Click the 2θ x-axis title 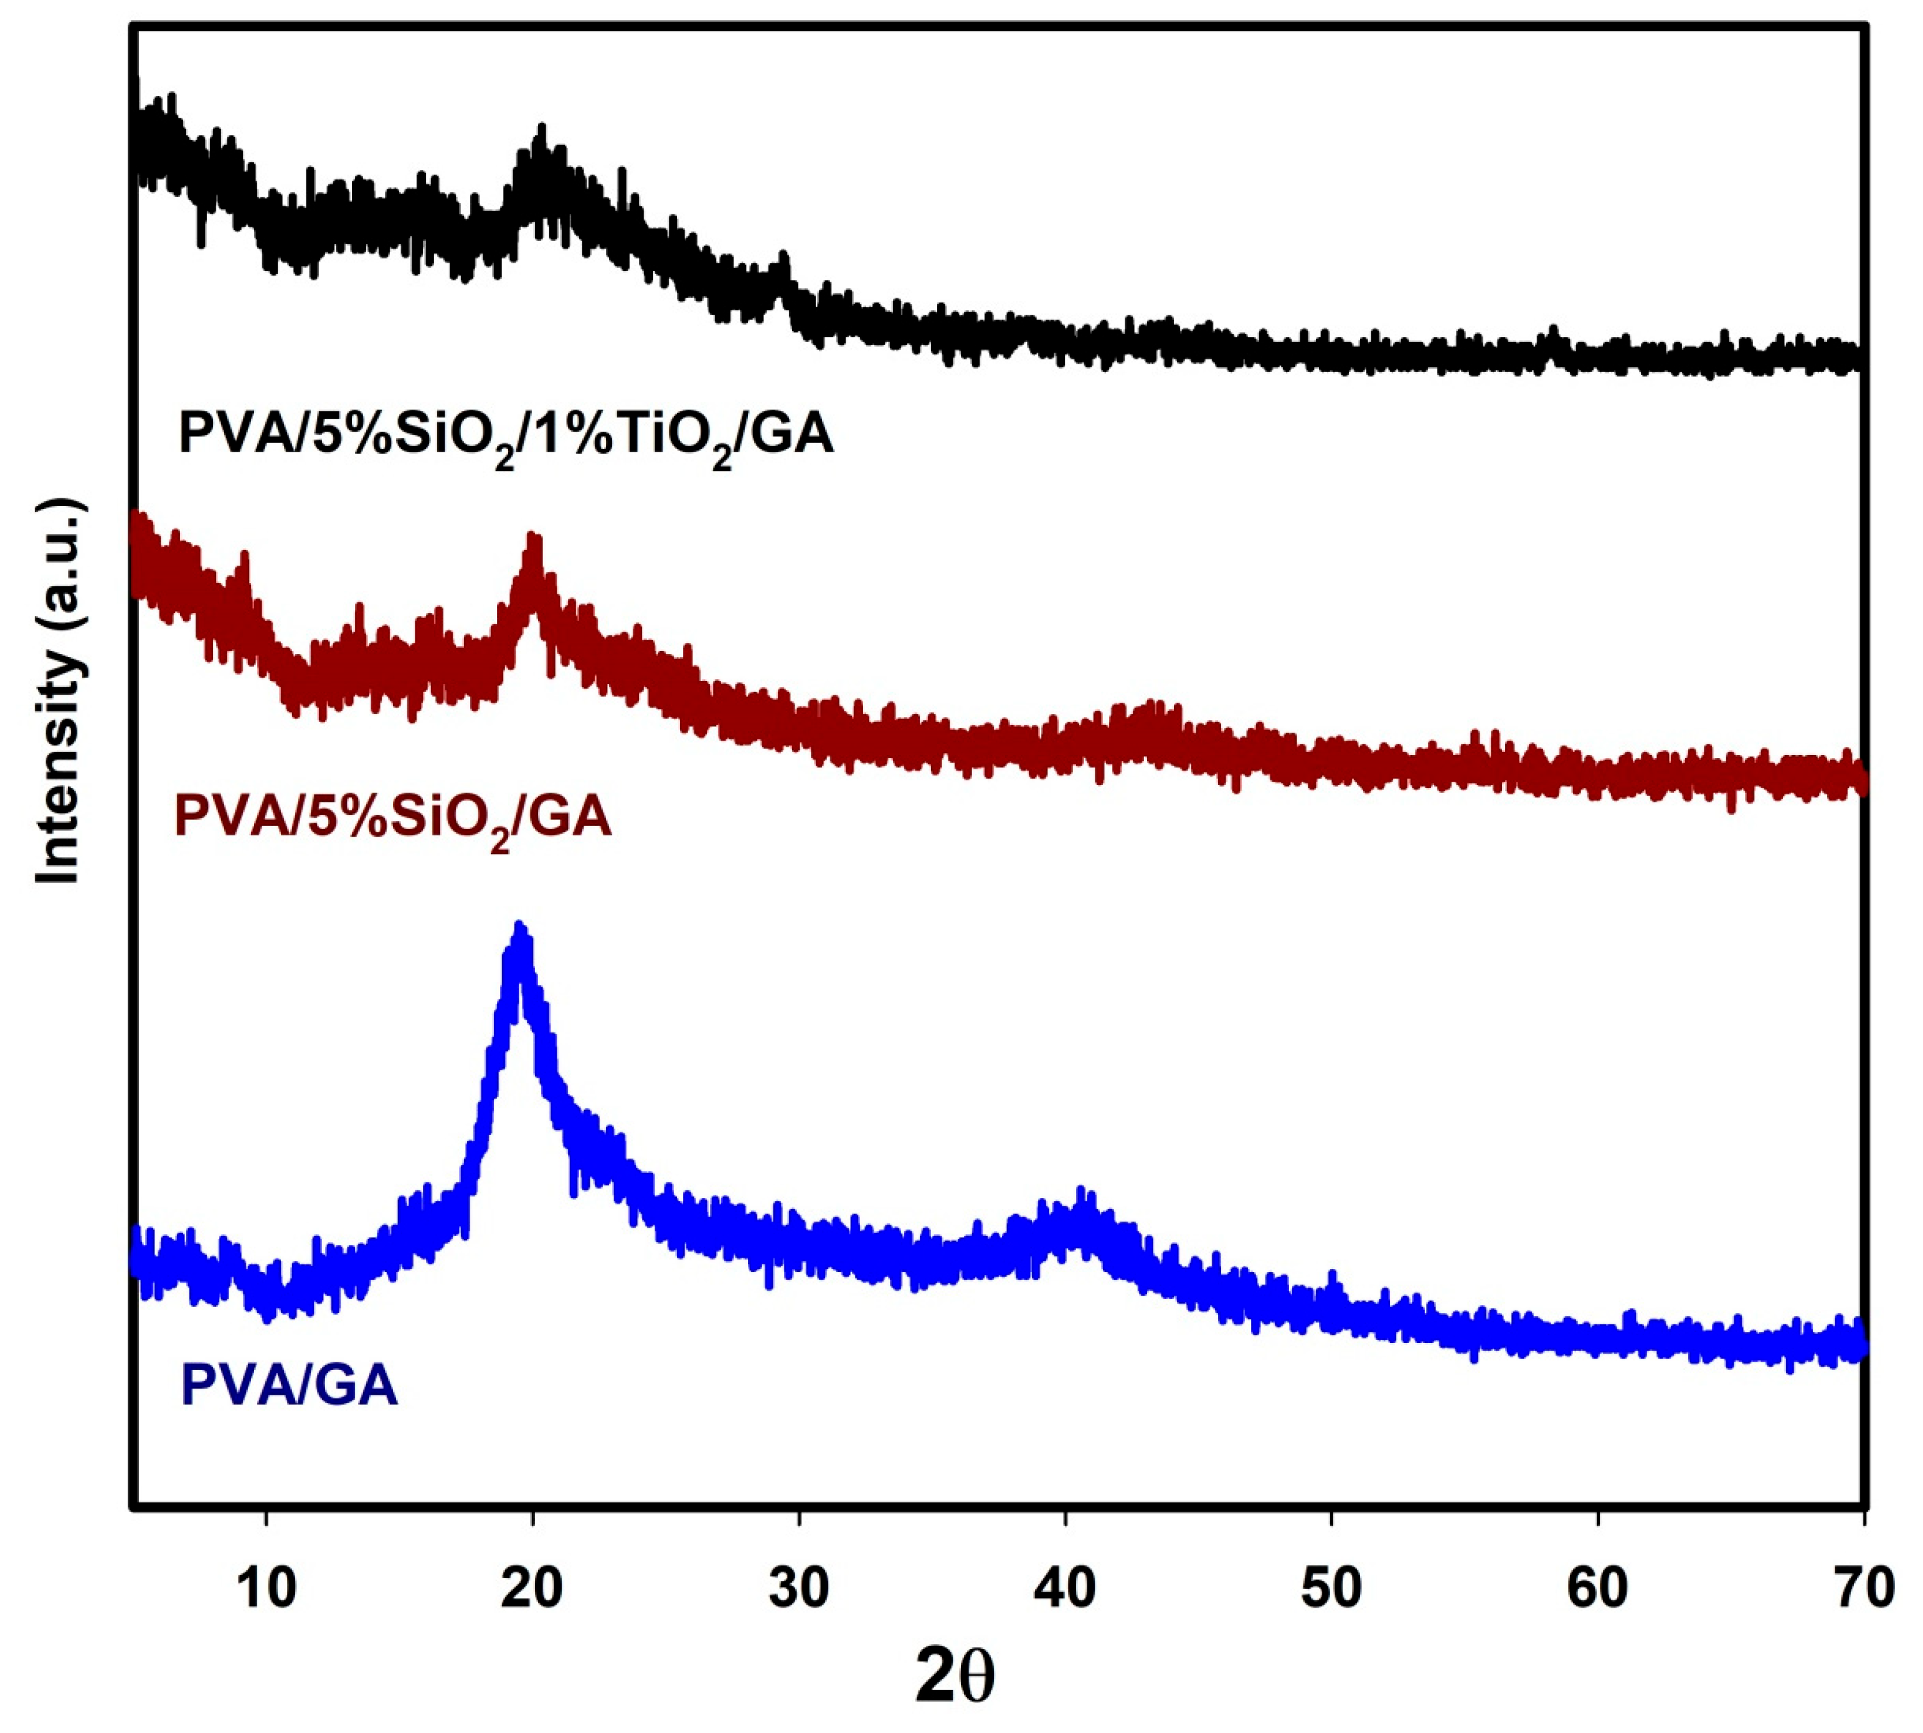pos(955,1676)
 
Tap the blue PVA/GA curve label pos(288,1385)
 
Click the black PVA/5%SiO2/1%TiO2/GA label pos(506,436)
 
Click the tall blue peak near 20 pos(519,931)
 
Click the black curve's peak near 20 pos(542,133)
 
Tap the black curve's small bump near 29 pos(783,259)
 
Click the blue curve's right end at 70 pos(1859,1346)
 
